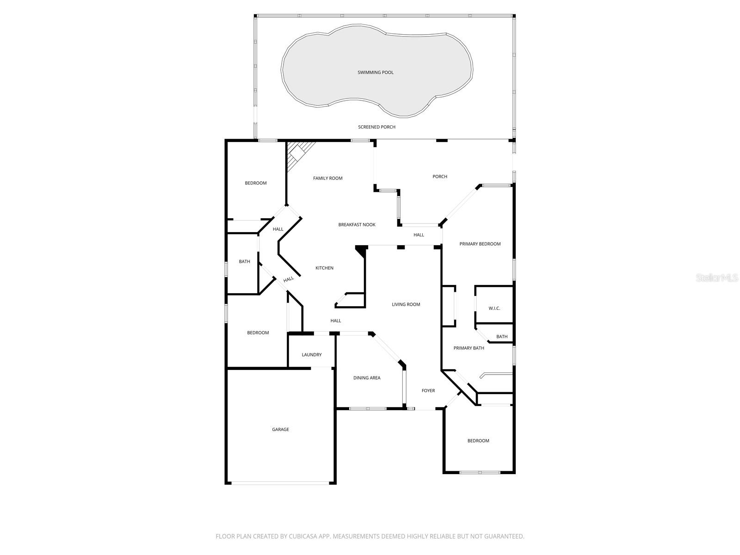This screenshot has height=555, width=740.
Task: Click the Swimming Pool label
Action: [376, 73]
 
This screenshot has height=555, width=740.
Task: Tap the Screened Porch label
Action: [376, 127]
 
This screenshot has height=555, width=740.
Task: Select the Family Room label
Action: [327, 179]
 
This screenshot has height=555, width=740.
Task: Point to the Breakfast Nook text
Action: [357, 225]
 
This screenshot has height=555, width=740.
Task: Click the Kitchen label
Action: [324, 268]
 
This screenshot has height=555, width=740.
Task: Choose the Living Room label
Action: [406, 305]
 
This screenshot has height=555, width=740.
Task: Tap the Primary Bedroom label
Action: [480, 244]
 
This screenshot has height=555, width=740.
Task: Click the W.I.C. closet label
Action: [494, 308]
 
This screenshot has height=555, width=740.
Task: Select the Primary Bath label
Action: [469, 348]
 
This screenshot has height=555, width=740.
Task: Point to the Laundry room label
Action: [311, 355]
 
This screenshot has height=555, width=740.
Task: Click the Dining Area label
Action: [367, 378]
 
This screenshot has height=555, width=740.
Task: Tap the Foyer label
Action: [428, 391]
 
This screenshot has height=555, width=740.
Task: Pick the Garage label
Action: [280, 430]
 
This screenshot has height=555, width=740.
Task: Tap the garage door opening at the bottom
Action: [280, 483]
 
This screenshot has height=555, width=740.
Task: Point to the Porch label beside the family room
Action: [439, 177]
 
